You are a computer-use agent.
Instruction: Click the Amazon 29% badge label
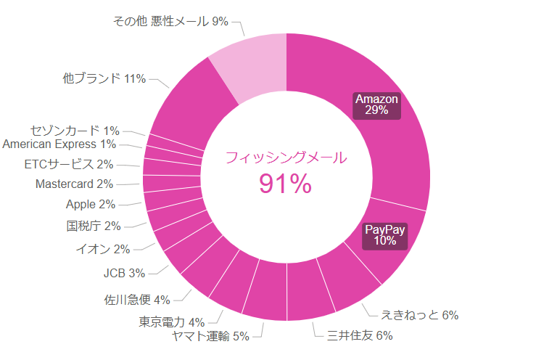[x=377, y=105]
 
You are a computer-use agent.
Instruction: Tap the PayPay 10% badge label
[x=385, y=235]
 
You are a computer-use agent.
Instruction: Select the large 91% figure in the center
[x=285, y=185]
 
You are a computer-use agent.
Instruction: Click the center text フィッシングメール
[x=286, y=157]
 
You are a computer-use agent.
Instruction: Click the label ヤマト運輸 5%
[x=210, y=336]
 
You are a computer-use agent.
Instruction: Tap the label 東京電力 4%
[x=172, y=322]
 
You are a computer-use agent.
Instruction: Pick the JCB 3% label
[x=124, y=274]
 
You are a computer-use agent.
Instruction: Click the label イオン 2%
[x=103, y=250]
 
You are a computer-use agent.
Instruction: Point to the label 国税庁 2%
[x=94, y=226]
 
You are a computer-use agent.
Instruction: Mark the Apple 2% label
[x=90, y=205]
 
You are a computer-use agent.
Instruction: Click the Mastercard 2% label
[x=74, y=184]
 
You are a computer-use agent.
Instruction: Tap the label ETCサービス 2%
[x=69, y=164]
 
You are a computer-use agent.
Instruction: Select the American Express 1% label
[x=59, y=144]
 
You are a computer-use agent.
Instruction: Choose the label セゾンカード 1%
[x=75, y=131]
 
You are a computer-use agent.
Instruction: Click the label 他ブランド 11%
[x=104, y=78]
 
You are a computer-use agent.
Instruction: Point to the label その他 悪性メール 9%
[x=170, y=22]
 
